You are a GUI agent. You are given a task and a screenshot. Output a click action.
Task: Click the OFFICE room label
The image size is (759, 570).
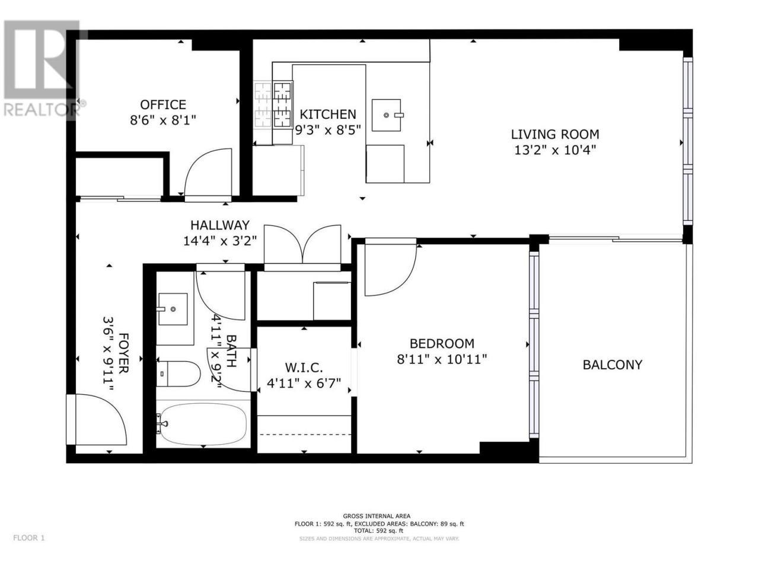coord(163,104)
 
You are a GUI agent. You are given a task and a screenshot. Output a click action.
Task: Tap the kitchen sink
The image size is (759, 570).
coord(387,115)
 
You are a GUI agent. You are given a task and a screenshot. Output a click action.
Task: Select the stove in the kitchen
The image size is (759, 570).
coord(273,104)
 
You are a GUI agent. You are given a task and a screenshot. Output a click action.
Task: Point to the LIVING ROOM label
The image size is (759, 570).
coord(554,134)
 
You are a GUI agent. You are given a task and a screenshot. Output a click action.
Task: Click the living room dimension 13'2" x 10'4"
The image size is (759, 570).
coord(555,150)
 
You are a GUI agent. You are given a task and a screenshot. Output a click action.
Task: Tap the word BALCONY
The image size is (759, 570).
coord(613,365)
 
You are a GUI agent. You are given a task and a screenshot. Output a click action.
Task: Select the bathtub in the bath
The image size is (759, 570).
coord(203,424)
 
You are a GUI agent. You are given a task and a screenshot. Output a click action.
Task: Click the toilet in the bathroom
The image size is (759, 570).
coord(178,374)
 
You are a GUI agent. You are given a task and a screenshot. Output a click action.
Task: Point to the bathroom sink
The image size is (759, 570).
coord(173,309)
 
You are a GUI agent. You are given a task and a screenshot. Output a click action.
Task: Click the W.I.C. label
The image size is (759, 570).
coord(304,368)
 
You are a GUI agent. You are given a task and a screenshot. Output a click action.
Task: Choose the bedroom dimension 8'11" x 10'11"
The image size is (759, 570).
coord(442,359)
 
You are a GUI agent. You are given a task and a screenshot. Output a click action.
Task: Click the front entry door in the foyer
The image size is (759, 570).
coord(96,419)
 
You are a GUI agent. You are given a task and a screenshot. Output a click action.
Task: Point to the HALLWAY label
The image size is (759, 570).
coord(220,225)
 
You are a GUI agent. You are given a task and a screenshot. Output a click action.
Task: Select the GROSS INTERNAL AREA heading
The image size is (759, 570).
coord(377,516)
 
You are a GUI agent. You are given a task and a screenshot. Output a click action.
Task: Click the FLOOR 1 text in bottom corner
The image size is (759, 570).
coord(29,547)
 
